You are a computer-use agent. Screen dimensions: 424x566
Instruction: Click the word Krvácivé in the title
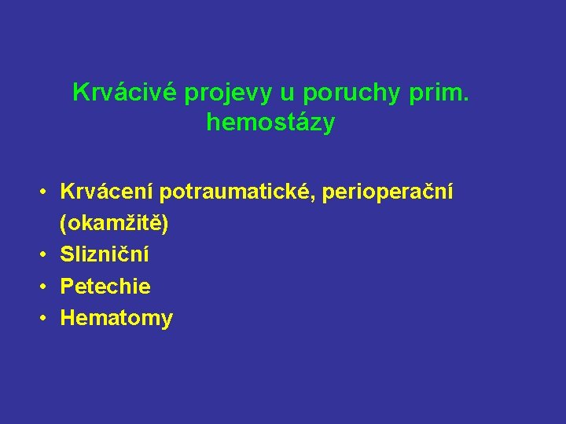coord(125,93)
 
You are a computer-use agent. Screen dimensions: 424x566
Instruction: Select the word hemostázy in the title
coord(270,123)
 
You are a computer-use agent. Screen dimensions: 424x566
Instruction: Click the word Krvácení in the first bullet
coord(108,192)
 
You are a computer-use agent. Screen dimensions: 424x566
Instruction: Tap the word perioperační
coord(391,192)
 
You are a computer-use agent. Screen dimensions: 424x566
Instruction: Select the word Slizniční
coord(105,255)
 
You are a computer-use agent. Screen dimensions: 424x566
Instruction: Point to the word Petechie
coord(105,287)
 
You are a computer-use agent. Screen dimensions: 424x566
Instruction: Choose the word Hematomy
coord(116,318)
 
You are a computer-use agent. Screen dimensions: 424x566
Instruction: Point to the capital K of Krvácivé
coord(79,93)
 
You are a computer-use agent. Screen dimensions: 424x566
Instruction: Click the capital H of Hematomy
coord(68,318)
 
